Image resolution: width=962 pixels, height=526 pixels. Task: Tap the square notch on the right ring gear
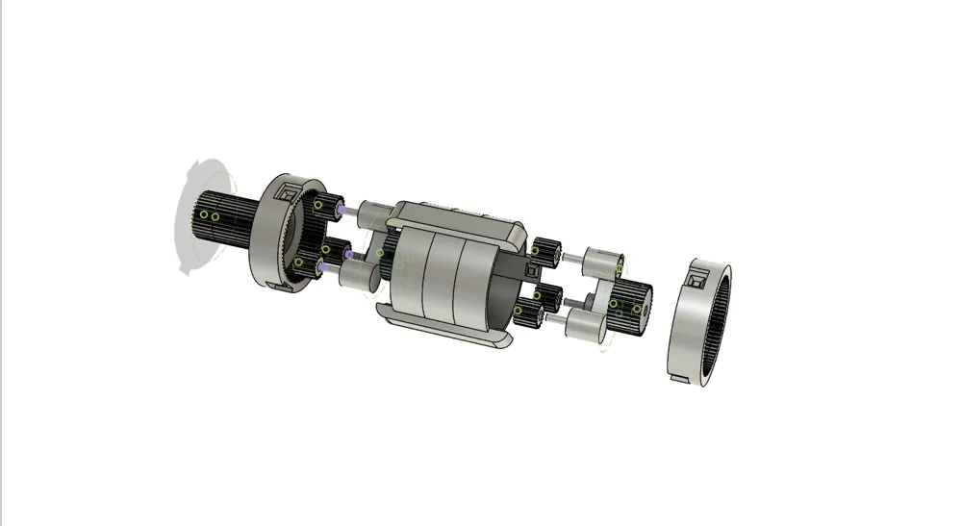point(695,282)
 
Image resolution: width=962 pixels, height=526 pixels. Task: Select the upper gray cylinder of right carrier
point(605,261)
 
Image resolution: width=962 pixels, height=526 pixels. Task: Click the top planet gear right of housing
point(548,251)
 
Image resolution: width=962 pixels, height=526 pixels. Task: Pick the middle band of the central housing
point(442,278)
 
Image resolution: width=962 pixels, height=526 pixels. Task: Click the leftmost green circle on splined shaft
point(203,214)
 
